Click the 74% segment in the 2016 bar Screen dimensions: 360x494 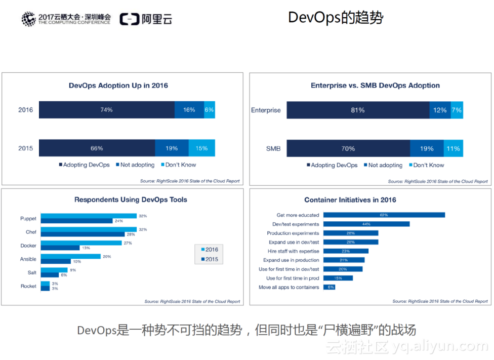(107, 110)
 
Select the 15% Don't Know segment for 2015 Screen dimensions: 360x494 (201, 148)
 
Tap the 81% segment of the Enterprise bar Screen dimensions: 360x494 (358, 110)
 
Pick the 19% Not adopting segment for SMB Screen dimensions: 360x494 (426, 148)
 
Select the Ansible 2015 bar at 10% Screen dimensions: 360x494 (56, 261)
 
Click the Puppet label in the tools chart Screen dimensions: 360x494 (28, 219)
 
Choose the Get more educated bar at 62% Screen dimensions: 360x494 (384, 215)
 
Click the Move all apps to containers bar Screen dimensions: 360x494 (329, 287)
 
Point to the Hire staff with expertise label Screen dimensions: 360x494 (294, 251)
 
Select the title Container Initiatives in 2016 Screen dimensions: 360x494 (350, 200)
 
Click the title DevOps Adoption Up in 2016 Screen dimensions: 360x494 (118, 86)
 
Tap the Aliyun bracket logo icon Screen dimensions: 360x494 (129, 19)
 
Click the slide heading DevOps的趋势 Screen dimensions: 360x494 (336, 18)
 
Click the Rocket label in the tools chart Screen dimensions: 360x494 (28, 286)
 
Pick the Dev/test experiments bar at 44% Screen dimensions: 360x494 (366, 224)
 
